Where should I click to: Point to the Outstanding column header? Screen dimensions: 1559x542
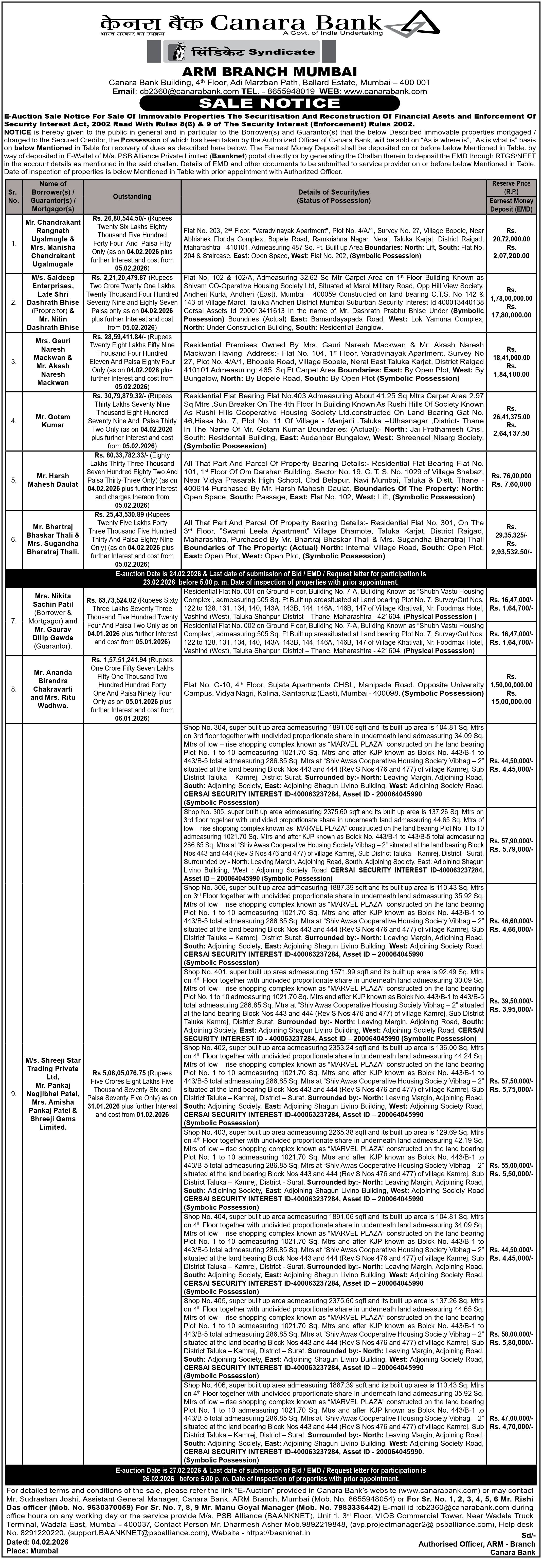click(132, 197)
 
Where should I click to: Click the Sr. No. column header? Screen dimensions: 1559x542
click(13, 197)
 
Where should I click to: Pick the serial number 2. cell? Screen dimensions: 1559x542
click(13, 302)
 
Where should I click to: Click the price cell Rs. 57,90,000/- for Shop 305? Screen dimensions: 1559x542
click(511, 841)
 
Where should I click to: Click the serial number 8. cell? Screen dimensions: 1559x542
click(13, 689)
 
